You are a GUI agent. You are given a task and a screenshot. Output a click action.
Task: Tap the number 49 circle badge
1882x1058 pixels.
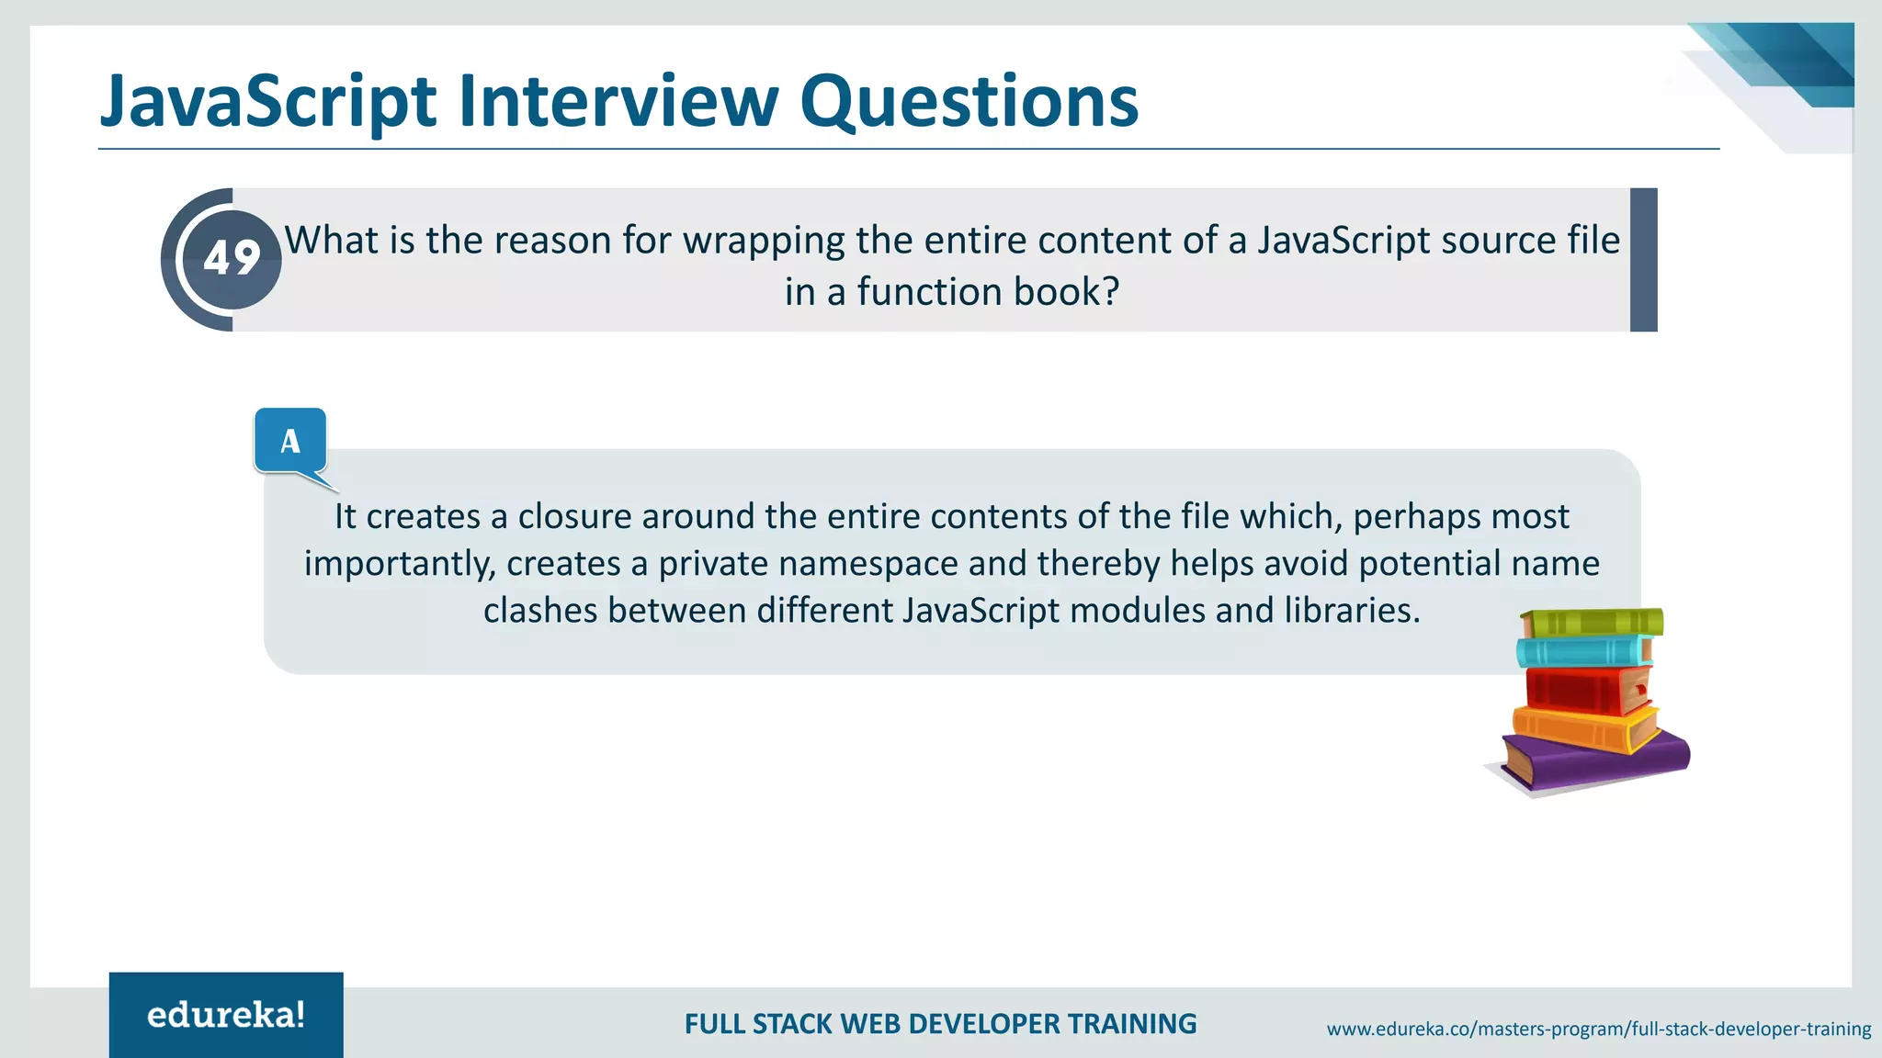tap(232, 259)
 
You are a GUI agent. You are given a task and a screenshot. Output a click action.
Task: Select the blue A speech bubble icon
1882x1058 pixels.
tap(290, 442)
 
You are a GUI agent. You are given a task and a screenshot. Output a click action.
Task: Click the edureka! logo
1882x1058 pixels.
tap(226, 1015)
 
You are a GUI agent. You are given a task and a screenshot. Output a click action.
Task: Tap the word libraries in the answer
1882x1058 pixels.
tap(1351, 611)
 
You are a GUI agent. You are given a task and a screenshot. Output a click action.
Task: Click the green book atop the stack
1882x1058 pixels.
tap(1593, 623)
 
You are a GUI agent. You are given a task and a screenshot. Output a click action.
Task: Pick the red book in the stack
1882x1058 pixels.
tap(1585, 690)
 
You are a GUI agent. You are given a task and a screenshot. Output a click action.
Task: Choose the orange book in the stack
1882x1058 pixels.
tap(1582, 728)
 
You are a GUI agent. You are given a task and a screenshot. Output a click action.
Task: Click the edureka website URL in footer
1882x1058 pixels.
tap(1598, 1030)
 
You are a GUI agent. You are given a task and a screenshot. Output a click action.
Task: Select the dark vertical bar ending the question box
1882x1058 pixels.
tap(1643, 260)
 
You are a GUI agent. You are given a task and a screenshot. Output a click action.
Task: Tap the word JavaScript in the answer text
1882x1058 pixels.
tap(981, 611)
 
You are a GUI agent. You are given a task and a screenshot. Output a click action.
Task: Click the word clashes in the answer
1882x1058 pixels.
tap(540, 611)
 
